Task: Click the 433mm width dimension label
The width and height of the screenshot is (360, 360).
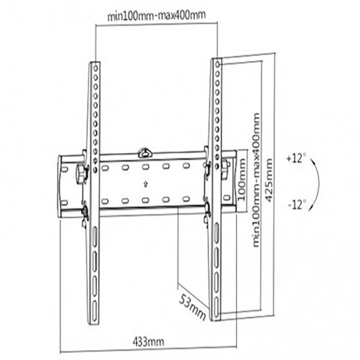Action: click(148, 342)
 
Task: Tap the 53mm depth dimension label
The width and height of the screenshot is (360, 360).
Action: click(193, 307)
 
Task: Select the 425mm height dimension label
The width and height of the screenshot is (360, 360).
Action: click(269, 180)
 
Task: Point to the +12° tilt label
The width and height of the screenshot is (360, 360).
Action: click(296, 158)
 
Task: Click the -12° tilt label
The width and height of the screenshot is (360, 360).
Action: click(297, 204)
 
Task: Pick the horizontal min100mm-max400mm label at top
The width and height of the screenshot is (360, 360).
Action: click(157, 15)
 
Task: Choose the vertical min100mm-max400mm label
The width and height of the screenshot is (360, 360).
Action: click(256, 180)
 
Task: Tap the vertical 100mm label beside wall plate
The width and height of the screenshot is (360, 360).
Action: click(241, 179)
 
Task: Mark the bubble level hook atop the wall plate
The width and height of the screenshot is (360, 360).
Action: click(144, 153)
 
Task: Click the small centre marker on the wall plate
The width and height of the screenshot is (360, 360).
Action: click(145, 184)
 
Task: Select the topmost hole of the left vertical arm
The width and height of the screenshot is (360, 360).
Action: click(96, 68)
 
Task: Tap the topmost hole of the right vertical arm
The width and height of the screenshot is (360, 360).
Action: click(218, 64)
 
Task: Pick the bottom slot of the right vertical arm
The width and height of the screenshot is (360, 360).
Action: click(216, 308)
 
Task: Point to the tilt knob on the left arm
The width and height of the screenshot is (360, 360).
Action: click(81, 174)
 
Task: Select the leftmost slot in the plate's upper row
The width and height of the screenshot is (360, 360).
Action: click(105, 168)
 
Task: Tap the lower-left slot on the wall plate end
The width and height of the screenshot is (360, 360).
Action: click(64, 202)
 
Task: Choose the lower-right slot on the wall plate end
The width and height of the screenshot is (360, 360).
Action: click(227, 198)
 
